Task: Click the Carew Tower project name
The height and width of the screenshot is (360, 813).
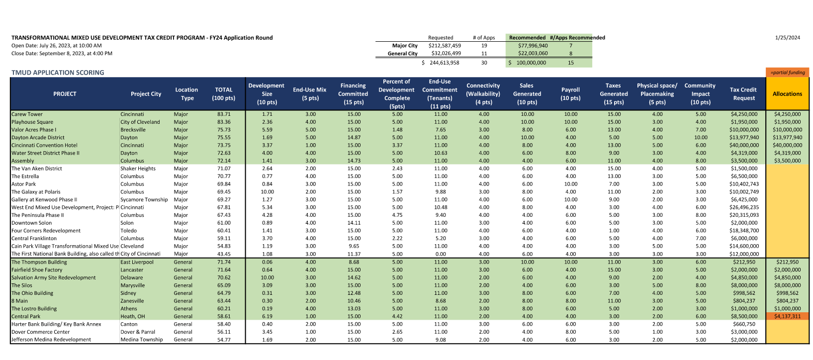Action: coord(27,114)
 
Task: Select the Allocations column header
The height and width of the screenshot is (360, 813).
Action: coord(787,93)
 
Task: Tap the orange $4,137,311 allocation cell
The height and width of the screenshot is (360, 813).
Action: coord(787,316)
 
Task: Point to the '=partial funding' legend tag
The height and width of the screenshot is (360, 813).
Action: coord(787,73)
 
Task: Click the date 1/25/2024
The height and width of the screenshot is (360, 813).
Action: coord(787,38)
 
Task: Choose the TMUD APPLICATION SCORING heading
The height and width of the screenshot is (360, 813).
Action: coord(58,73)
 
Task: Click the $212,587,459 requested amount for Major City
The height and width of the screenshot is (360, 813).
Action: coord(445,46)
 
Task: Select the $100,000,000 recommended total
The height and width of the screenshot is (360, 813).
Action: coord(531,63)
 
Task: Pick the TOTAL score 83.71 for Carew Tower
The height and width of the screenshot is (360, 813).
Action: coord(224,114)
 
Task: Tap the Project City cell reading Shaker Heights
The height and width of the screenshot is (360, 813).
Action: coord(138,169)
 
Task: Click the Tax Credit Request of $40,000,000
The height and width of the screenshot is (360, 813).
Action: coord(744,146)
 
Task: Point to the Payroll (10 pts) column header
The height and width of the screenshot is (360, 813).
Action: coord(570,93)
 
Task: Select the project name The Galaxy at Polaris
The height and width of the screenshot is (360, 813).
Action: coord(36,192)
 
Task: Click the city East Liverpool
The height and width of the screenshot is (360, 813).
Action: coord(137,262)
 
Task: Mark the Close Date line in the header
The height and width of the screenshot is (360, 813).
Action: coord(62,53)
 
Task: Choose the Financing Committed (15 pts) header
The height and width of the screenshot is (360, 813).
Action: coord(353,93)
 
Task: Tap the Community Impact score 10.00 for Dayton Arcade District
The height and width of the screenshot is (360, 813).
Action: coord(701,138)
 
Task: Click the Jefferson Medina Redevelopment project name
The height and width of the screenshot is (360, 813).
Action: coord(51,340)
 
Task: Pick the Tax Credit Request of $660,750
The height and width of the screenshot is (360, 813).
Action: coord(744,324)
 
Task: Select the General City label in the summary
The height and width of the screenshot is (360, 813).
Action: coord(402,53)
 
